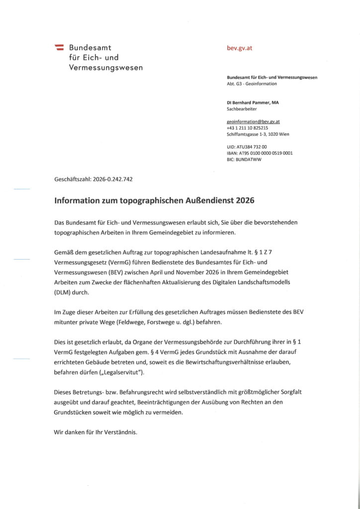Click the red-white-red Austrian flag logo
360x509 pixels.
click(x=59, y=48)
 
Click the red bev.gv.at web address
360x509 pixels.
click(x=239, y=48)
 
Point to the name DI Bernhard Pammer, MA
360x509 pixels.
click(x=253, y=102)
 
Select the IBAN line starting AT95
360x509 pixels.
click(x=260, y=154)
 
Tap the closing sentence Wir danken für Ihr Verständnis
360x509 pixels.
click(x=95, y=432)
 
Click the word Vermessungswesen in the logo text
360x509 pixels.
click(x=105, y=67)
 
